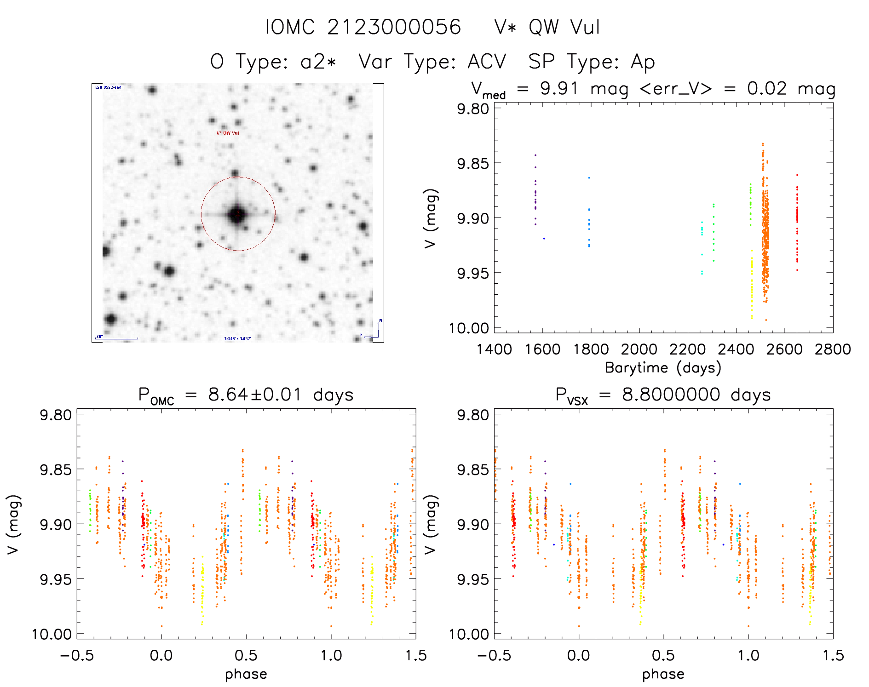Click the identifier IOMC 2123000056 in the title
[363, 27]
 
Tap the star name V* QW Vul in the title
[547, 27]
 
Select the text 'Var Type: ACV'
[432, 62]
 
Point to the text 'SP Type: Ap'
[592, 62]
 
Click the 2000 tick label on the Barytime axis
[639, 349]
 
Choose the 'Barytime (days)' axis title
[663, 368]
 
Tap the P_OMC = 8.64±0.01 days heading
[246, 395]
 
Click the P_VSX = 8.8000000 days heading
[663, 395]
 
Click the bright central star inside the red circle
[237, 214]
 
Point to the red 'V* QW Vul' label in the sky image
[228, 133]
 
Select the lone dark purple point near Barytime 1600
[544, 238]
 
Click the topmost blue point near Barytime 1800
[589, 177]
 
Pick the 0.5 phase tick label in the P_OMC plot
[246, 655]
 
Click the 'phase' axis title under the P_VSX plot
[663, 674]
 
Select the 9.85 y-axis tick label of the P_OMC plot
[56, 469]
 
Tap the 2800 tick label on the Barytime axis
[833, 349]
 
